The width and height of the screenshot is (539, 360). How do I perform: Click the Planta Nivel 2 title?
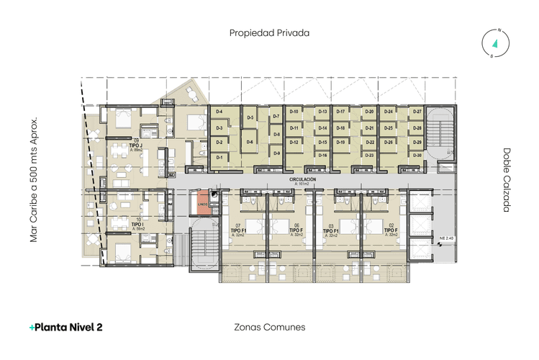[65, 327]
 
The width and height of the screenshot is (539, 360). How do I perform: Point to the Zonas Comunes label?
[270, 326]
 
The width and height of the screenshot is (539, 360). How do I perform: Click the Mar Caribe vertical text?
[33, 180]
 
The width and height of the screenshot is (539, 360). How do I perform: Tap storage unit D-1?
[219, 156]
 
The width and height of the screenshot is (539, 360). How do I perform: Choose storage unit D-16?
[322, 156]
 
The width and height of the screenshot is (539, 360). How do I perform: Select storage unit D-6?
[249, 142]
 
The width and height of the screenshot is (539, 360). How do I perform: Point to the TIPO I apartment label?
[137, 225]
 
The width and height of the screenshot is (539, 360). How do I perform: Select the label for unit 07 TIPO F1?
[238, 230]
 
